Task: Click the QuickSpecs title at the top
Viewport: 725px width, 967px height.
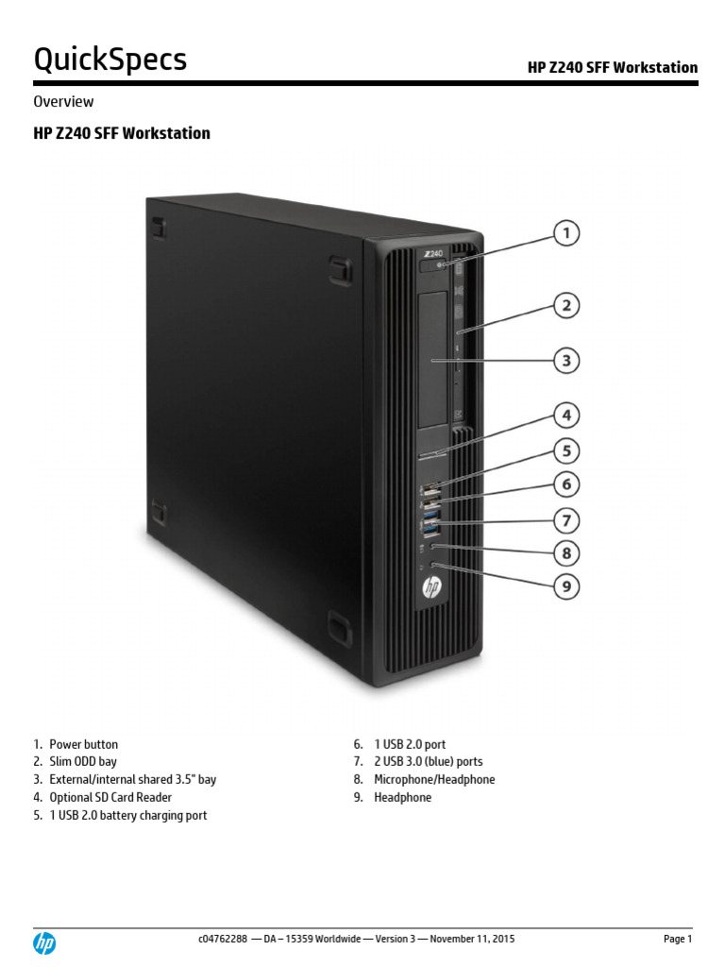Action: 110,60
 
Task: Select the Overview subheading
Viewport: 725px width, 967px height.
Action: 63,101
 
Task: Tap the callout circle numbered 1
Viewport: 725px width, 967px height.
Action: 565,233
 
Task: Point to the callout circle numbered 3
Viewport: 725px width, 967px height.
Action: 565,360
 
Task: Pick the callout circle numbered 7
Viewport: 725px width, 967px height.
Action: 565,519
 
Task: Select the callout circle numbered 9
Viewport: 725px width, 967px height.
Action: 565,586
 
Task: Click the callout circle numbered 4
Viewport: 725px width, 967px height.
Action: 565,415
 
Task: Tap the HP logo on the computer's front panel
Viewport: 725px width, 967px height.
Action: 431,587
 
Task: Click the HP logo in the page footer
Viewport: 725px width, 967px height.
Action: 44,942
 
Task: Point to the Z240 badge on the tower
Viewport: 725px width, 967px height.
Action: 433,254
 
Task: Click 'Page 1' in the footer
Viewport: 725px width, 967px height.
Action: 677,940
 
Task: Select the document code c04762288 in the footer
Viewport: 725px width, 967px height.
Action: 223,940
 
